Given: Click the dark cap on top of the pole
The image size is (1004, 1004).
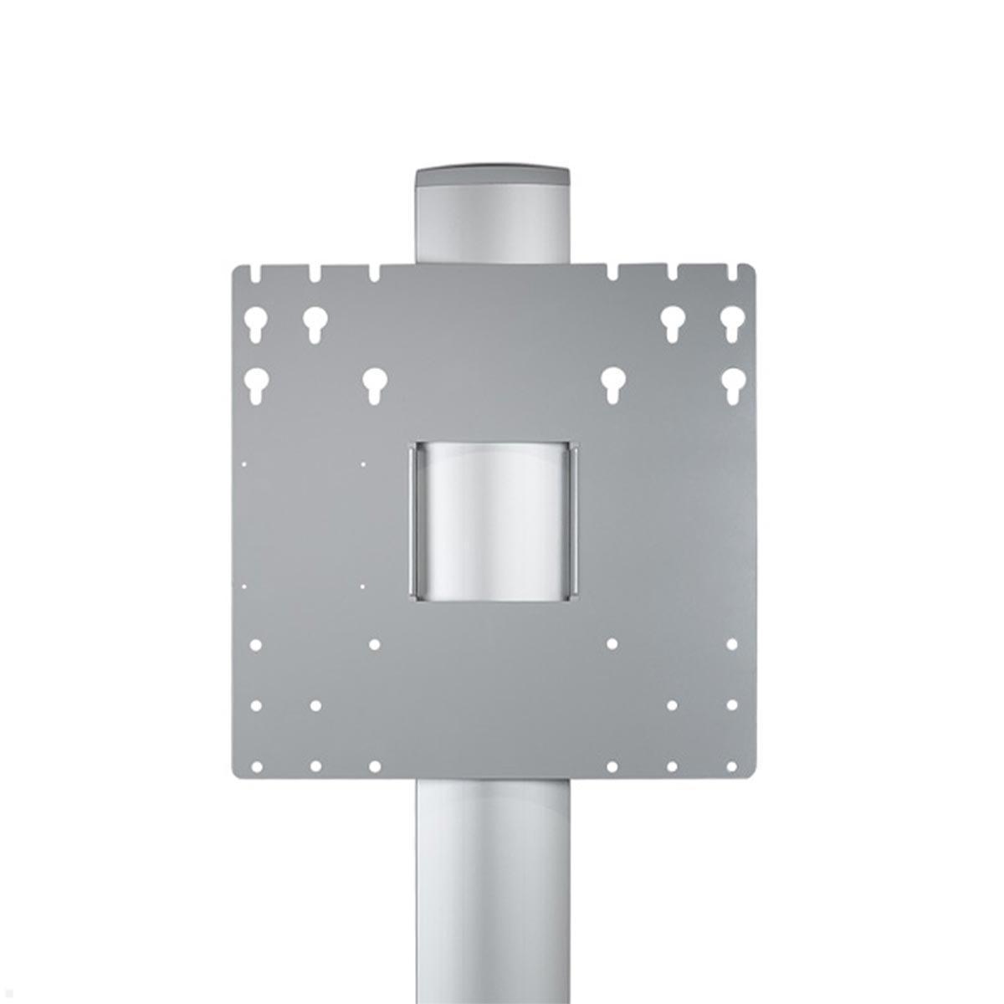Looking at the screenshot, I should point(494,178).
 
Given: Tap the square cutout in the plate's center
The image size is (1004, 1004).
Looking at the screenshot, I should point(494,519).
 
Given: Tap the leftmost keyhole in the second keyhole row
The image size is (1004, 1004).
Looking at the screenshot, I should point(255,385).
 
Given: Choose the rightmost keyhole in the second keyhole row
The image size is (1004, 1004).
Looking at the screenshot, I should point(732,385).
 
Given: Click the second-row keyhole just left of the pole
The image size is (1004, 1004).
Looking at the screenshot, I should point(374,385).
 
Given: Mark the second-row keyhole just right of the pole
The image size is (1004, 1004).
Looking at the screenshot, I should point(612,385).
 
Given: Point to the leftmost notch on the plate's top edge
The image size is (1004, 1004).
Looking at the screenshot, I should point(255,273).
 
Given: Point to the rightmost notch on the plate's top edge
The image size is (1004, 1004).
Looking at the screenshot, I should point(732,273).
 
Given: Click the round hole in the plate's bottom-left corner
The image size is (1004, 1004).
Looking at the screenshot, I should point(256,766).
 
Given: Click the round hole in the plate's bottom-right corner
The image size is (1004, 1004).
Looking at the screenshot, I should point(732,766).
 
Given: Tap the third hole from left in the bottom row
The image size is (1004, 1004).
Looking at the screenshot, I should point(374,766).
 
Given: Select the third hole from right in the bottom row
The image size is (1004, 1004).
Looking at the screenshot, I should point(612,766).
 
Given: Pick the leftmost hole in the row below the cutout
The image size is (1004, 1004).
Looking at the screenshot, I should point(256,644).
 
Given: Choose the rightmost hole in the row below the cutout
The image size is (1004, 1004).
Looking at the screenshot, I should point(732,644).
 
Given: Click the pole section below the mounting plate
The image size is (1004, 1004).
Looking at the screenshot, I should point(494,887).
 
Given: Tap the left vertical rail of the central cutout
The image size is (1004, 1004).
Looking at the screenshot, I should point(412,519).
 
